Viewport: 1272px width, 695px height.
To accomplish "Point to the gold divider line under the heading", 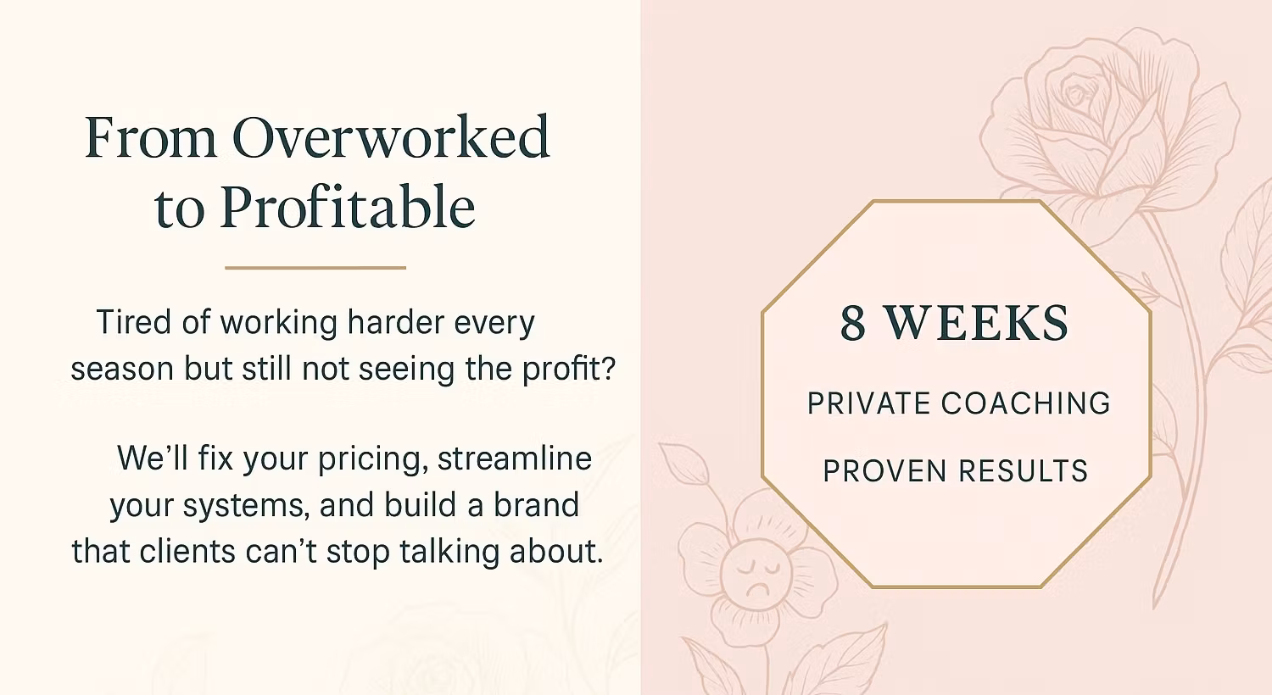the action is point(315,267).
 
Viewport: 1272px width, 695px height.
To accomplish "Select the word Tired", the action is point(134,322).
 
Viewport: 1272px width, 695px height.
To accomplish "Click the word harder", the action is point(396,322).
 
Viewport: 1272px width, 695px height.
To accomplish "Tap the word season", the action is point(122,370).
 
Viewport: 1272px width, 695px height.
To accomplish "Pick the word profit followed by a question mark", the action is point(569,370).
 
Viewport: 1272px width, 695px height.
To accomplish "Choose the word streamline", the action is point(515,459).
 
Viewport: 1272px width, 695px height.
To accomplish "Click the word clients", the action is point(187,552).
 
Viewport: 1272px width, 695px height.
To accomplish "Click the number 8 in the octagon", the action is point(853,323).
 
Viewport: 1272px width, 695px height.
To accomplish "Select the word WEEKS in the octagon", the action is point(975,323).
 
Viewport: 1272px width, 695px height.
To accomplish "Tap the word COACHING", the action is point(1025,403).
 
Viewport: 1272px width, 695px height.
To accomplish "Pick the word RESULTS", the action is point(1024,471).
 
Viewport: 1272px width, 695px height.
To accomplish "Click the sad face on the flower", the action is point(756,575).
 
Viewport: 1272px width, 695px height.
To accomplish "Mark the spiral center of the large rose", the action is point(1075,93).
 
